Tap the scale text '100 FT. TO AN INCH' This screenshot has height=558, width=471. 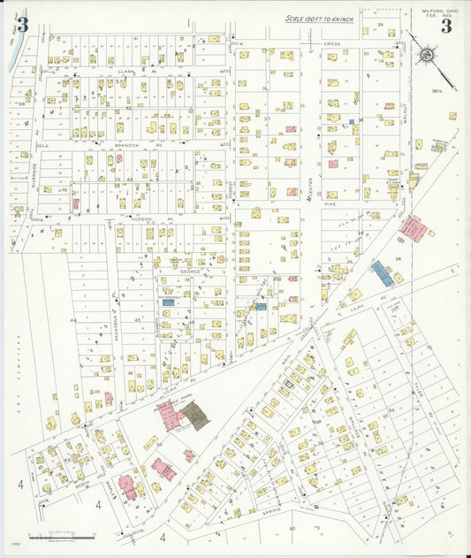click(320, 19)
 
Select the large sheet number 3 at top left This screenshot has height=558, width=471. click(22, 25)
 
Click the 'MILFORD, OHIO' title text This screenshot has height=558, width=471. click(432, 11)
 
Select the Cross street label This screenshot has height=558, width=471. click(331, 43)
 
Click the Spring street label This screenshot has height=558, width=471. click(273, 510)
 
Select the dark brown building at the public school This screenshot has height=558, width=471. click(195, 416)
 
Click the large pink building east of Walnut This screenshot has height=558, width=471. click(413, 228)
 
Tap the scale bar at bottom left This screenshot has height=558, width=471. click(61, 536)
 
